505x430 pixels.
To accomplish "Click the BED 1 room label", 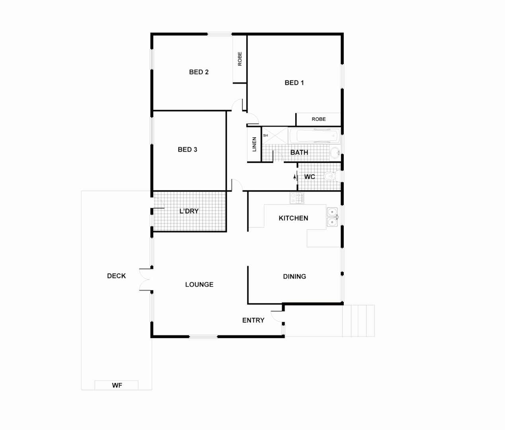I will (294, 83).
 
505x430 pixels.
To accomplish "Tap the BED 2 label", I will (199, 72).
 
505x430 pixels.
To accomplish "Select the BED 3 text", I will (187, 150).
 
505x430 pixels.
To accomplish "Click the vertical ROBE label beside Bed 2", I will (240, 59).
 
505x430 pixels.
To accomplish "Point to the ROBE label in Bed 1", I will (318, 119).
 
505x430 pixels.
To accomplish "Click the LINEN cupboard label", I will (254, 144).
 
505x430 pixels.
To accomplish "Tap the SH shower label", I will (266, 135).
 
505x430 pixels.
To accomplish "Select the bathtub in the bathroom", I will (314, 136).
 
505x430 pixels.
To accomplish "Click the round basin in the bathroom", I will (335, 152).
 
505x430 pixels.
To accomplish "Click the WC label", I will (310, 176).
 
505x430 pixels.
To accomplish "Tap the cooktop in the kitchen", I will (297, 198).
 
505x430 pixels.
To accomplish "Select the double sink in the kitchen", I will (332, 217).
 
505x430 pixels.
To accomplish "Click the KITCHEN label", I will (293, 218).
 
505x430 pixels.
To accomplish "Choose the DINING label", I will (294, 276).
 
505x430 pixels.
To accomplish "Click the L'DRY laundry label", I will (189, 211).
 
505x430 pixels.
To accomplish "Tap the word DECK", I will (117, 276).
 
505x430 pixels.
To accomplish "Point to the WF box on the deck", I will (117, 385).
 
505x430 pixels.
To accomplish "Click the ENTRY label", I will (253, 320).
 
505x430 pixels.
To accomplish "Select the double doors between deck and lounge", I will (146, 279).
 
